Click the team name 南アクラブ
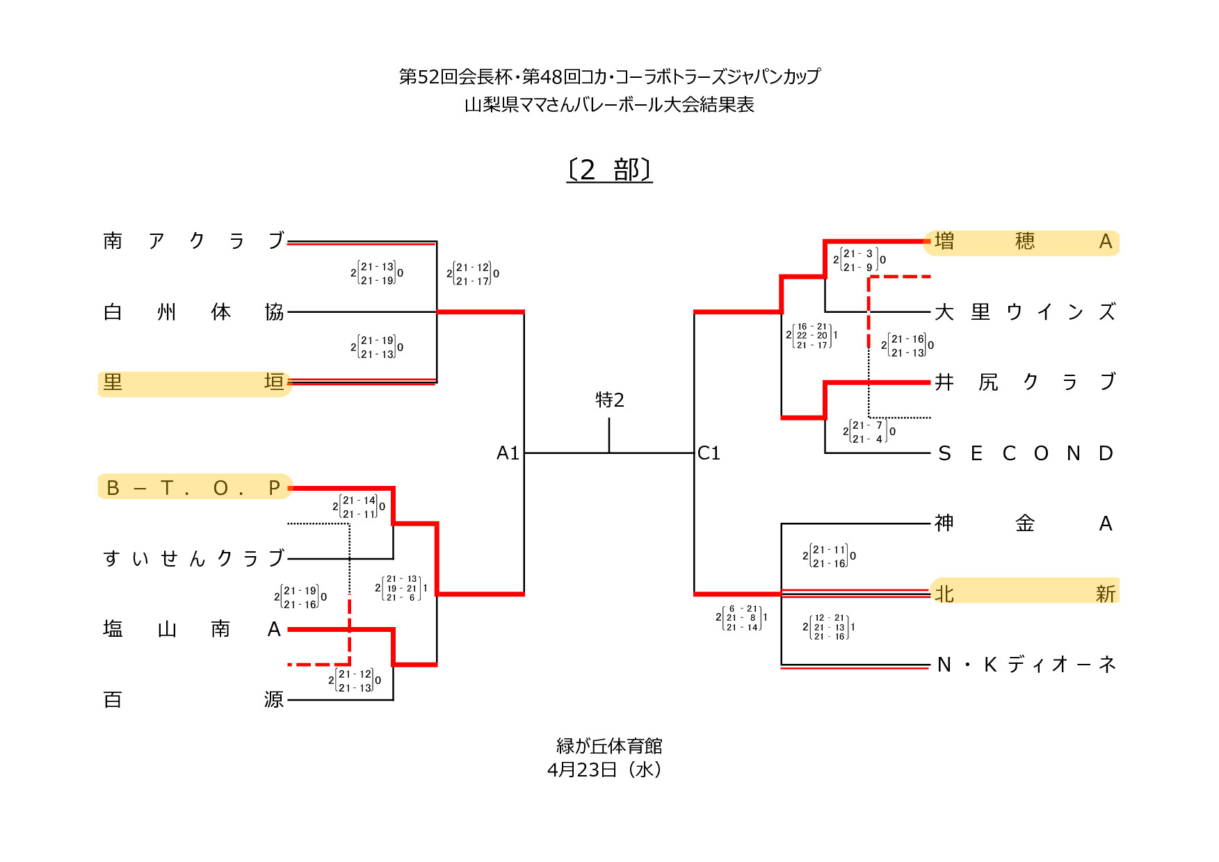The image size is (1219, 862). pyautogui.click(x=193, y=241)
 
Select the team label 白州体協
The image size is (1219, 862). pyautogui.click(x=193, y=311)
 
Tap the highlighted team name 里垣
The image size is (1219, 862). pyautogui.click(x=193, y=382)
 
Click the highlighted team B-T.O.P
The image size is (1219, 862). pyautogui.click(x=193, y=487)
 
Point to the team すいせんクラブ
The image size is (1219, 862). pyautogui.click(x=193, y=558)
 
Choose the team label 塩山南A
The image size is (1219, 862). pyautogui.click(x=193, y=629)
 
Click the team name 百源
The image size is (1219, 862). pyautogui.click(x=193, y=699)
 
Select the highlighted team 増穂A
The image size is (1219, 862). pyautogui.click(x=1023, y=241)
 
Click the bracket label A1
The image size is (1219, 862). pyautogui.click(x=508, y=453)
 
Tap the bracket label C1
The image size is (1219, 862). pyautogui.click(x=709, y=453)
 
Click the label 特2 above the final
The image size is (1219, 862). pyautogui.click(x=610, y=400)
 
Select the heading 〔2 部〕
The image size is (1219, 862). pyautogui.click(x=610, y=170)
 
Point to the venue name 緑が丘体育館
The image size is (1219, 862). pyautogui.click(x=609, y=746)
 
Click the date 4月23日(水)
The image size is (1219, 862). pyautogui.click(x=604, y=770)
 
